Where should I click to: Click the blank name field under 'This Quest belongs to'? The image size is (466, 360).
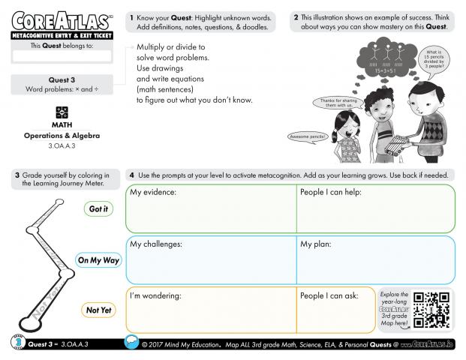[x=62, y=55]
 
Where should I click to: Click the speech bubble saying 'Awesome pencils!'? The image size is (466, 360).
[x=309, y=136]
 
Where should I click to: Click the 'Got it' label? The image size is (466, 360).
[x=99, y=209]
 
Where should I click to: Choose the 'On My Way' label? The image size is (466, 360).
[x=99, y=260]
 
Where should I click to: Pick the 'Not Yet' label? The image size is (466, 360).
[x=99, y=310]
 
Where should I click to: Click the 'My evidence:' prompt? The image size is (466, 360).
[x=153, y=193]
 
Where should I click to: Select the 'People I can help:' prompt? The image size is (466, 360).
[x=331, y=193]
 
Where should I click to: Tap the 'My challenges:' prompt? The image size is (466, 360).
[x=156, y=244]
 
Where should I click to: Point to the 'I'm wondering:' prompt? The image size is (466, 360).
[x=156, y=295]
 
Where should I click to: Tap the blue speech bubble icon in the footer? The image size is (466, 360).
[x=131, y=343]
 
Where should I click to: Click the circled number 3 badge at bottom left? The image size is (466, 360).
[x=17, y=343]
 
